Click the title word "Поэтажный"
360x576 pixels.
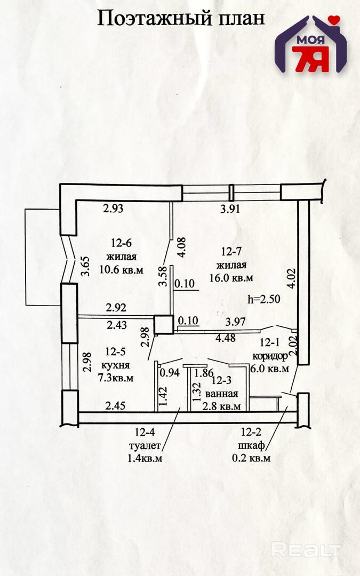point(155,19)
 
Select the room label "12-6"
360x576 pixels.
point(121,243)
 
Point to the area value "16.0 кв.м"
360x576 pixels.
point(231,278)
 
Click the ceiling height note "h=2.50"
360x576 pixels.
point(264,299)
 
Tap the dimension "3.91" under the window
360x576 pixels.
point(230,209)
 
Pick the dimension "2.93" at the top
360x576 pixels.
point(113,209)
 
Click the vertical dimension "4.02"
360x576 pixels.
point(292,278)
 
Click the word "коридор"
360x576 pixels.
point(270,356)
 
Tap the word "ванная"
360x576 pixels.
point(221,394)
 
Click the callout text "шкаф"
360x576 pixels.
point(252,445)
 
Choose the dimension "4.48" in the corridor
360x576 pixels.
point(226,338)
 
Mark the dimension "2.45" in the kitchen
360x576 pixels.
point(115,405)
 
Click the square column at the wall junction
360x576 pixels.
point(164,325)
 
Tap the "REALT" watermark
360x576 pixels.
point(306,550)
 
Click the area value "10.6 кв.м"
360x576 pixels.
point(121,270)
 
